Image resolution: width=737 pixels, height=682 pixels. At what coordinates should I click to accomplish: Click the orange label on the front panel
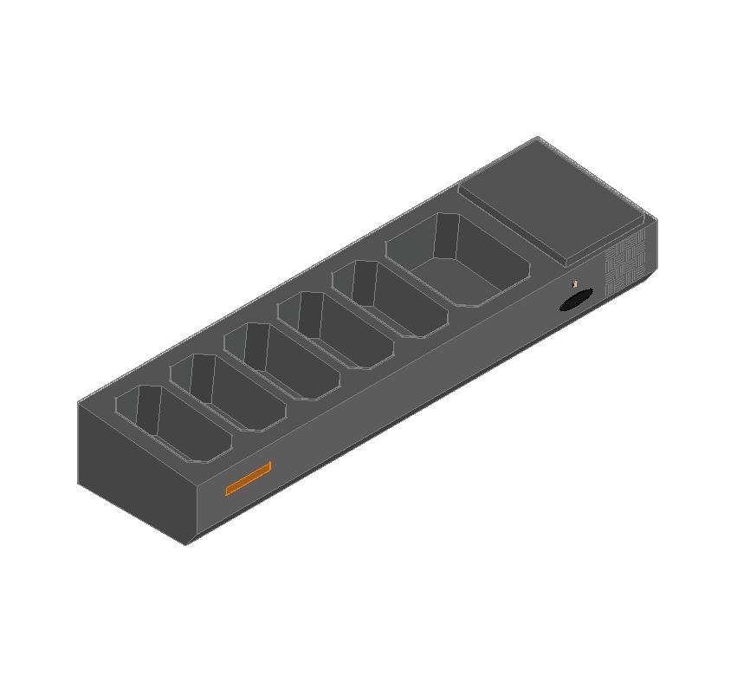pos(249,478)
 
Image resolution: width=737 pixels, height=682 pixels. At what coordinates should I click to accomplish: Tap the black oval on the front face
pos(576,300)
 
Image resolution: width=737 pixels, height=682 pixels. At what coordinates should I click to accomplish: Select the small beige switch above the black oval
pos(574,283)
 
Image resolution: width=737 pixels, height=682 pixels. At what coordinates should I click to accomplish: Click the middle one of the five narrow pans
pos(282,360)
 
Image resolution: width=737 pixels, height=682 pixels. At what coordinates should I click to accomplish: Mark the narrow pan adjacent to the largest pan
pos(389,298)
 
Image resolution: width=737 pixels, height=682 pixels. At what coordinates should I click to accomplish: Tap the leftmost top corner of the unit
pos(79,403)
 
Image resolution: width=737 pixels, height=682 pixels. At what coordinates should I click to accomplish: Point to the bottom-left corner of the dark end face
pos(80,482)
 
